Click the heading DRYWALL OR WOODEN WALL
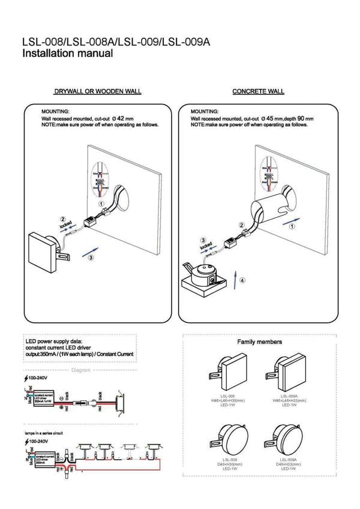tap(97, 92)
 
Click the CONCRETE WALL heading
tap(258, 92)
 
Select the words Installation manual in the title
tap(67, 53)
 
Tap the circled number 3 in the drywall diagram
tap(90, 258)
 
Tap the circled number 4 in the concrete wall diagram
tap(242, 280)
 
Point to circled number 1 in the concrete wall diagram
tap(292, 227)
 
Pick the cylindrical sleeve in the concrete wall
tap(270, 210)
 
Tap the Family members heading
tap(259, 342)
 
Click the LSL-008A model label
tap(290, 396)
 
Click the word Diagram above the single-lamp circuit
tap(80, 370)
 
